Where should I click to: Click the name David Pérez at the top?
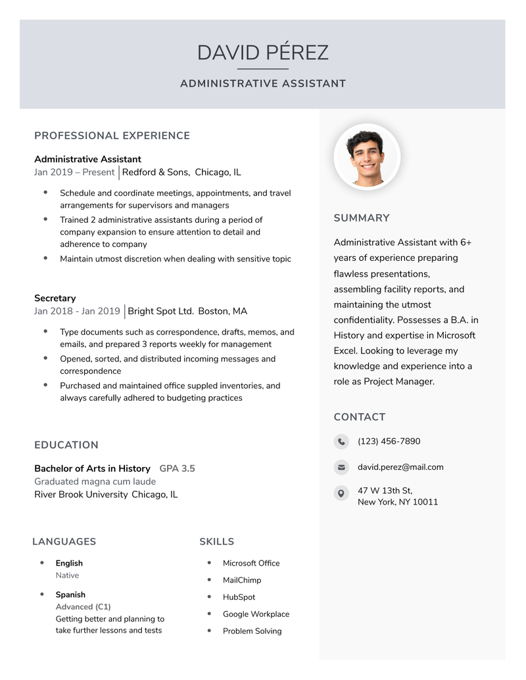[x=262, y=53]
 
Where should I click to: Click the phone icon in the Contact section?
[x=341, y=442]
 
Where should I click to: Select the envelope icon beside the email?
[x=341, y=467]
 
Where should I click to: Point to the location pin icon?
[x=341, y=493]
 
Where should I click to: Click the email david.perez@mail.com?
[x=400, y=467]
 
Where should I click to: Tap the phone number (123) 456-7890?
[x=389, y=442]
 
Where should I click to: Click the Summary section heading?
[x=362, y=218]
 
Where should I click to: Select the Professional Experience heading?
[x=112, y=136]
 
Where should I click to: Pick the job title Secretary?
[x=55, y=298]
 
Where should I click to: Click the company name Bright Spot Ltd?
[x=160, y=311]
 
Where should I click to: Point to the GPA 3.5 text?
[x=177, y=468]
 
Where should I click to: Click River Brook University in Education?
[x=81, y=495]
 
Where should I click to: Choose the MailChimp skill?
[x=242, y=580]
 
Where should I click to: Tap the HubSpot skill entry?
[x=239, y=597]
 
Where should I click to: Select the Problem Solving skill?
[x=252, y=631]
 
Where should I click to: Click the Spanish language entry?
[x=70, y=595]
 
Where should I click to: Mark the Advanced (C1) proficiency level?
[x=83, y=607]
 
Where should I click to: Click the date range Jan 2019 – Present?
[x=74, y=172]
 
